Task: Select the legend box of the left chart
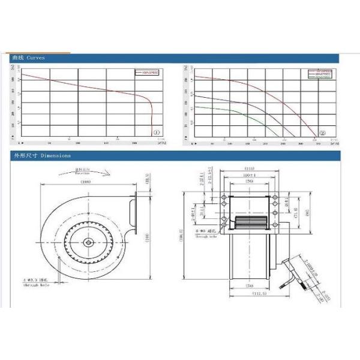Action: (147, 72)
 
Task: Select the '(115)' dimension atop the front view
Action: (248, 168)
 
